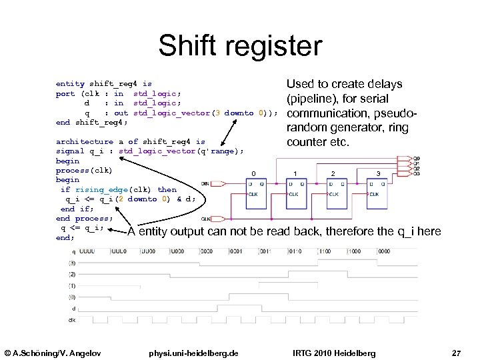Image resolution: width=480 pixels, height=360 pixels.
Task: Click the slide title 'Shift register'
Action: [240, 47]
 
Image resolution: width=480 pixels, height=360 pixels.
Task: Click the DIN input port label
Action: [205, 183]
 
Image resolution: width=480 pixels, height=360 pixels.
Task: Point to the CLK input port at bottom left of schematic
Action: [206, 219]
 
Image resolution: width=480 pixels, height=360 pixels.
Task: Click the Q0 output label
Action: [417, 159]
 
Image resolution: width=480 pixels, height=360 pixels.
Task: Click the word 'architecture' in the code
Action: [84, 141]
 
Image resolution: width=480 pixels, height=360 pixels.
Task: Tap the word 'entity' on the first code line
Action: [70, 84]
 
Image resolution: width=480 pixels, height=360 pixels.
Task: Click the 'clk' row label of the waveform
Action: [71, 320]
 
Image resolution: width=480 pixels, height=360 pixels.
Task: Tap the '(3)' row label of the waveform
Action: [71, 263]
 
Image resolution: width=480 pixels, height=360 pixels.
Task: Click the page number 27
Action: [456, 352]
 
